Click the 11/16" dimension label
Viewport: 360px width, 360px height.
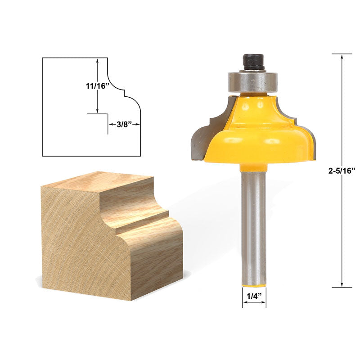click(97, 86)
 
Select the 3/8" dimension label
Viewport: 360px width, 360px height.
click(124, 124)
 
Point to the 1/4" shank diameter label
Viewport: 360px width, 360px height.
click(254, 296)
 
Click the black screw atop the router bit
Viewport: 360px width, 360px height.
click(253, 62)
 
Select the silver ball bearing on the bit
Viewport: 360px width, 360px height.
click(253, 81)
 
